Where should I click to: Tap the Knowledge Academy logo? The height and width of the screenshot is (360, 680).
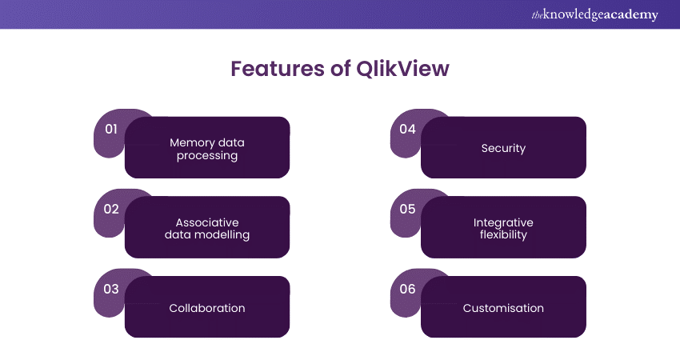coord(594,14)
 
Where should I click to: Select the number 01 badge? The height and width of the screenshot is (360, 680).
coord(111,129)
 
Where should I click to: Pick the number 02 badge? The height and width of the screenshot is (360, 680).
coord(111,209)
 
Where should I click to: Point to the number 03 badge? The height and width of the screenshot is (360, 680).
coord(111,289)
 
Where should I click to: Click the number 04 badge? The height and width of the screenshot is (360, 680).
coord(407,129)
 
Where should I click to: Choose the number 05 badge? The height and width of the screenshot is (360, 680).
coord(407,209)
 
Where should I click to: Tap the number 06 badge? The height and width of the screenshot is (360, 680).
coord(407,289)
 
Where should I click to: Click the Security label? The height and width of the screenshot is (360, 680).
coord(503,148)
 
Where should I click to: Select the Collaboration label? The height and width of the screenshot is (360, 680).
coord(207,308)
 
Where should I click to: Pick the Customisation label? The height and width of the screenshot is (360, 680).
coord(503,308)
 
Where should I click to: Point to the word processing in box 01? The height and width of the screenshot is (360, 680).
coord(207,155)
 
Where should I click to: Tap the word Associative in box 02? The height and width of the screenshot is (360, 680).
coord(207,222)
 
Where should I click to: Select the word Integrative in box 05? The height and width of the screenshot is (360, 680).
coord(503,222)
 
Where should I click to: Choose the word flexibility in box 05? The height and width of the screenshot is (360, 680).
coord(503,235)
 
